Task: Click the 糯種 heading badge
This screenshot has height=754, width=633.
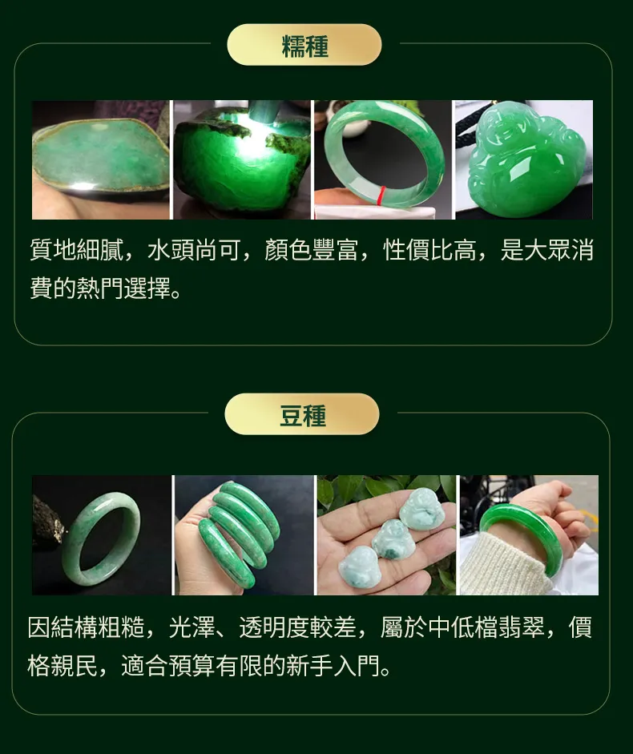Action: tap(304, 45)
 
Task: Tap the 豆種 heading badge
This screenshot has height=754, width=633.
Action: tap(302, 414)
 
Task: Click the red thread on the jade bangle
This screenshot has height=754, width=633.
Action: tap(382, 195)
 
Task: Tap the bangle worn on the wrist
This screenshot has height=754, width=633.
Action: tap(522, 538)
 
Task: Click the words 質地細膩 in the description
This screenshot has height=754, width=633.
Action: tap(76, 251)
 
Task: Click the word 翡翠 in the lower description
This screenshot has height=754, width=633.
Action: tap(522, 627)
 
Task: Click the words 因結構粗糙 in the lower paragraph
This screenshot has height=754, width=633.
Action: tap(86, 627)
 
